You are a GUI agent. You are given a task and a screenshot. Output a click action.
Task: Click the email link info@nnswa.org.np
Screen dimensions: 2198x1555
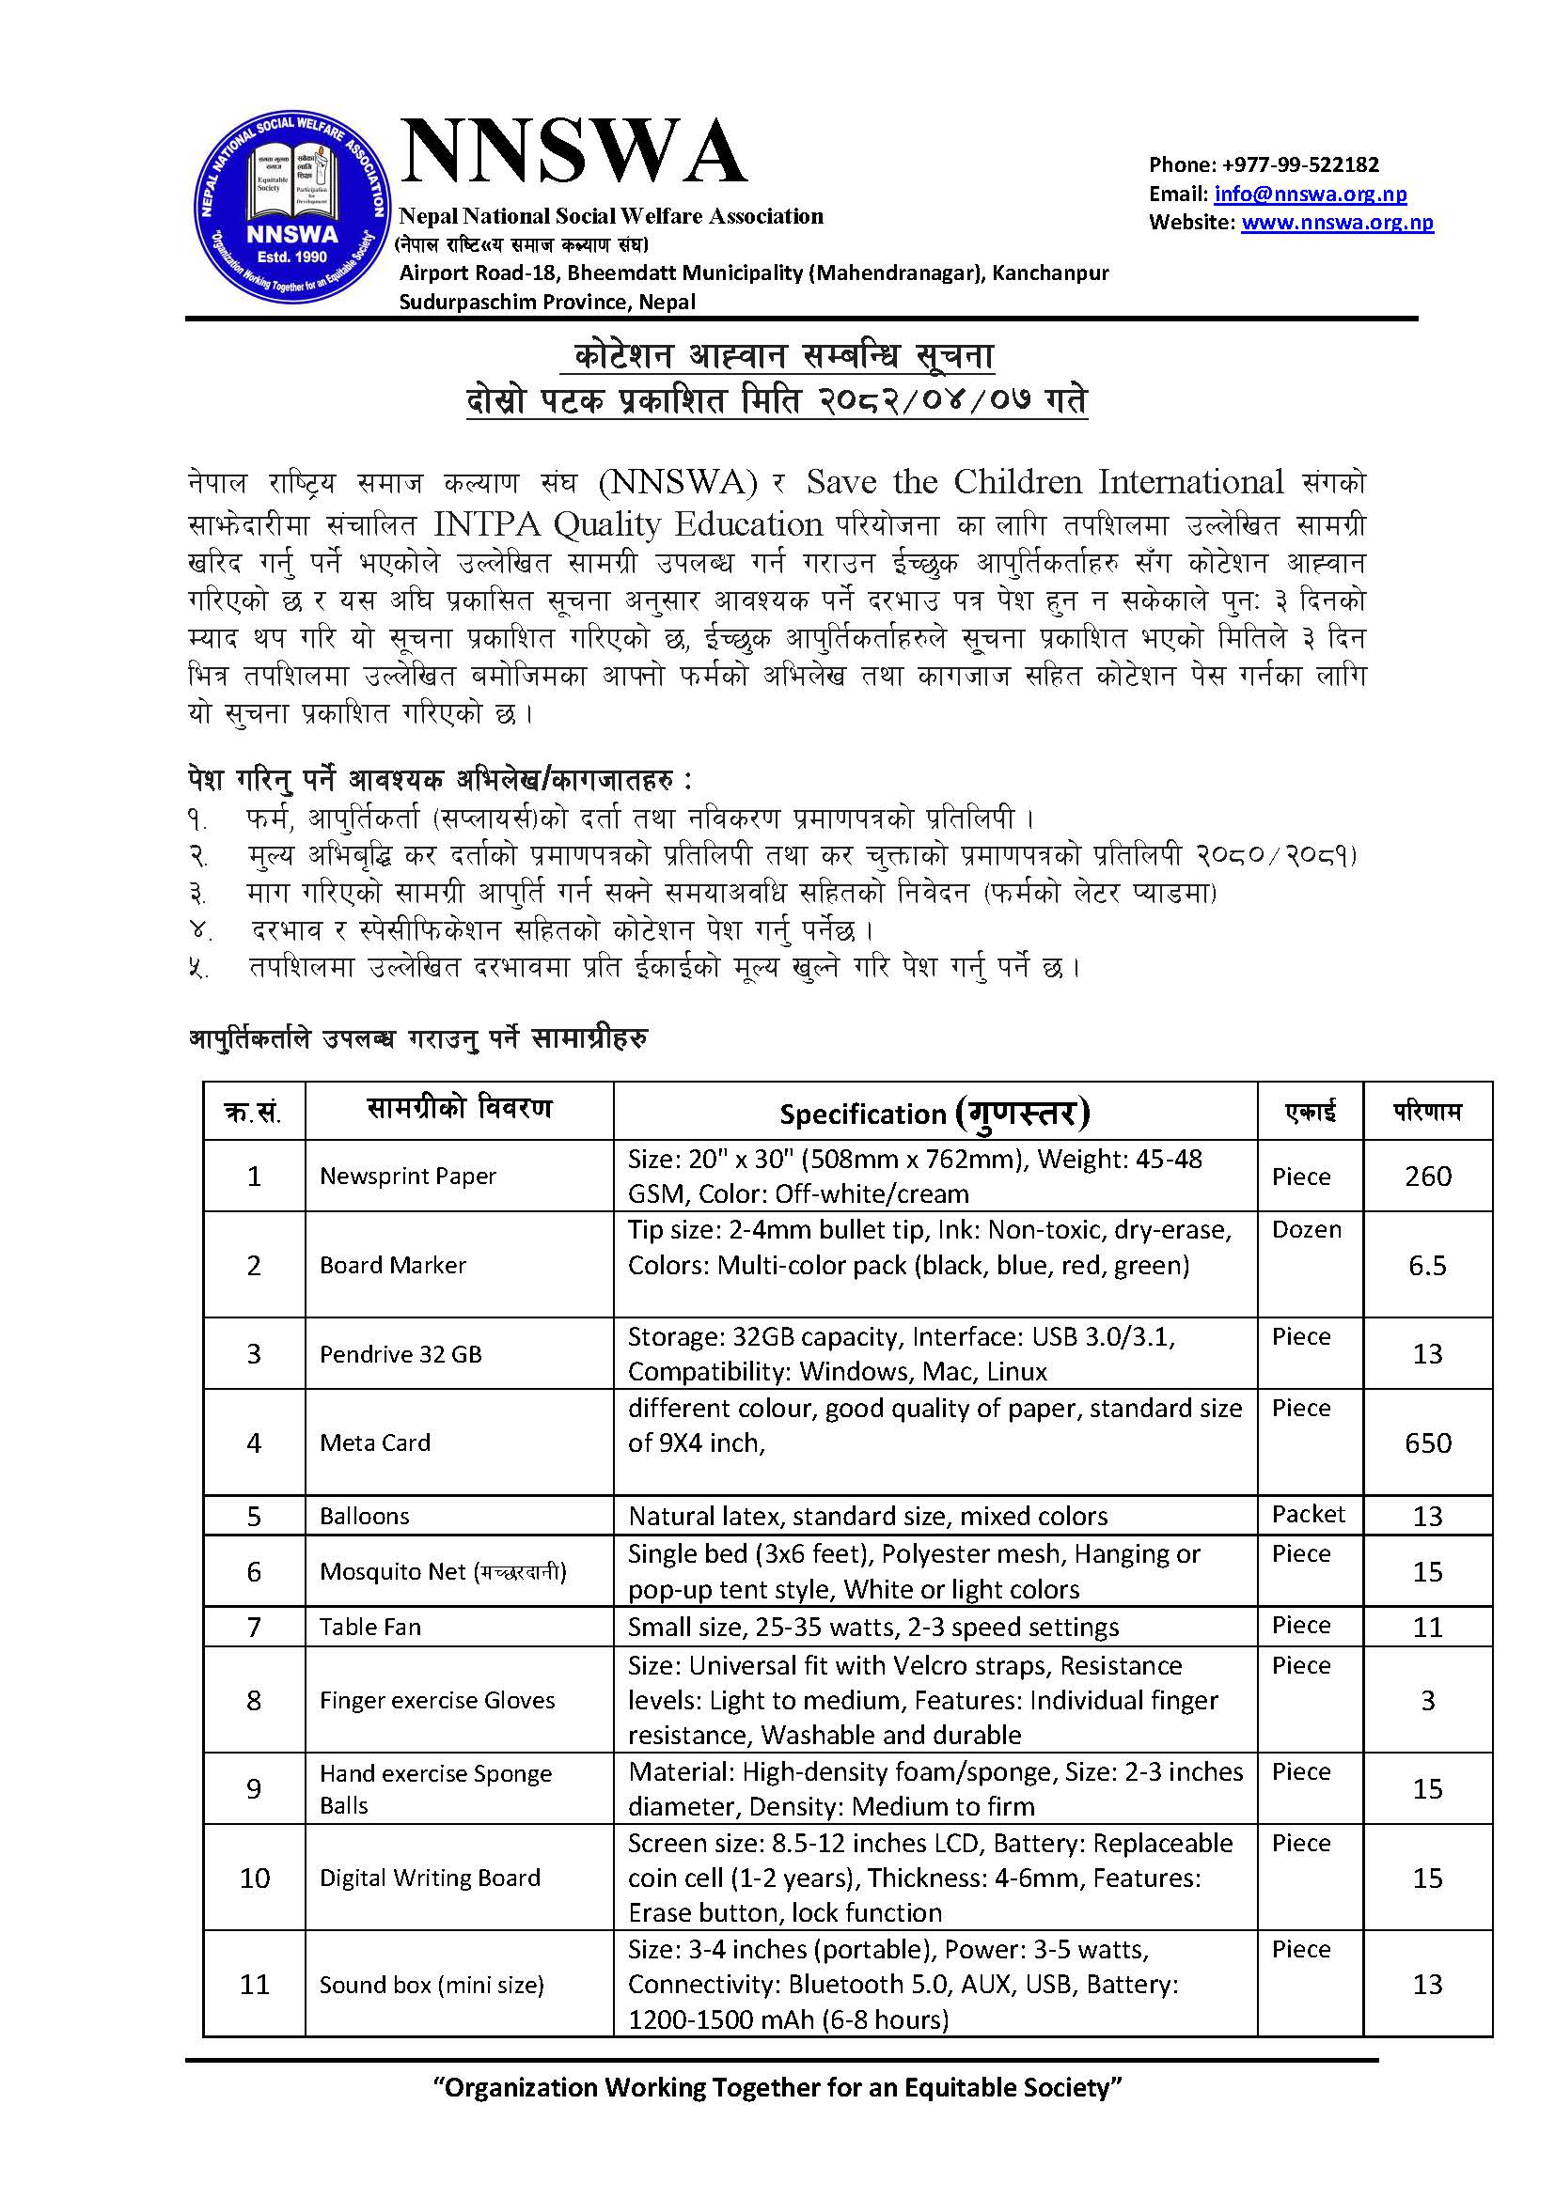pyautogui.click(x=1310, y=195)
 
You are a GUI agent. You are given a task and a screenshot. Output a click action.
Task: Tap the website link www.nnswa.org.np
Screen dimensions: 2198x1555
pyautogui.click(x=1337, y=223)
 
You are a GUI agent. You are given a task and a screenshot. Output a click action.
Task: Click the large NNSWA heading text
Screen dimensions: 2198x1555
pyautogui.click(x=573, y=153)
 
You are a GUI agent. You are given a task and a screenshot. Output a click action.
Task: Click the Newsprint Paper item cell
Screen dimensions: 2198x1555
pyautogui.click(x=408, y=1176)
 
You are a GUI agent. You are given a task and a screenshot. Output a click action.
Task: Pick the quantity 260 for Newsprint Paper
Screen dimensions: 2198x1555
pyautogui.click(x=1428, y=1176)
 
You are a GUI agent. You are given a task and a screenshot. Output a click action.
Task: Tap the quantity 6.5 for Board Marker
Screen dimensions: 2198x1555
pyautogui.click(x=1427, y=1266)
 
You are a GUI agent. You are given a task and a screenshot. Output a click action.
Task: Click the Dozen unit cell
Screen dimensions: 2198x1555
pyautogui.click(x=1306, y=1230)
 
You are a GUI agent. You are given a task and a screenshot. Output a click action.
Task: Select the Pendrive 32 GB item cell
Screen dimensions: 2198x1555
pyautogui.click(x=401, y=1353)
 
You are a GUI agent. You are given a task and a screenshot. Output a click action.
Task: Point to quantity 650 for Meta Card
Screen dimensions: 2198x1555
pyautogui.click(x=1428, y=1442)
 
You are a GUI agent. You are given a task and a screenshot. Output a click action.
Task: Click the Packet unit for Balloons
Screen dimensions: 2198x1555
pyautogui.click(x=1308, y=1514)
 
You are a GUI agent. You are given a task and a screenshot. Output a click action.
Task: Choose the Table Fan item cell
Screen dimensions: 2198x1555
pyautogui.click(x=370, y=1627)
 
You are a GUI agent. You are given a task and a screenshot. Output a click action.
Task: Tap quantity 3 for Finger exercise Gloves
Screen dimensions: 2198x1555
pyautogui.click(x=1427, y=1700)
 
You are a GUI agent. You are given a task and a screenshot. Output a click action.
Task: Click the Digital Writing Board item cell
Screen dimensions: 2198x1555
pyautogui.click(x=430, y=1878)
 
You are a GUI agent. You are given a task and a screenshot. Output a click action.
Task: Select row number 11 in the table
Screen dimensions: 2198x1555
pyautogui.click(x=254, y=1985)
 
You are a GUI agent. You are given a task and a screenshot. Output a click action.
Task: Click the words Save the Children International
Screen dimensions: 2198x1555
pyautogui.click(x=1044, y=481)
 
